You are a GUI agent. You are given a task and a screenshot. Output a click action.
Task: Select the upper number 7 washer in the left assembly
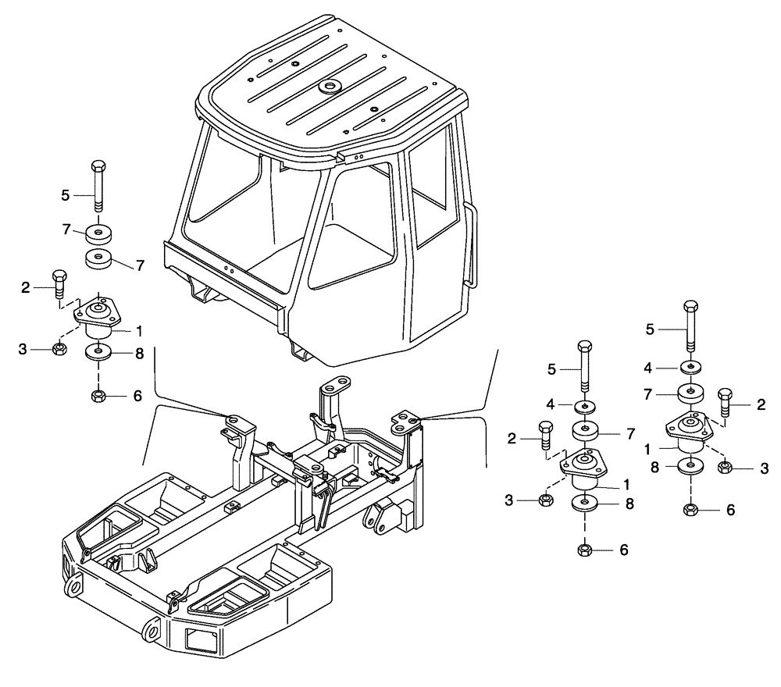[x=98, y=233]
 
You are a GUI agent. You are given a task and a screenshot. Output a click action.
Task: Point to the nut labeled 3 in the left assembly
[x=59, y=348]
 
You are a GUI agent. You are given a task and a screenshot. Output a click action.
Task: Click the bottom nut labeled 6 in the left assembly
[x=98, y=397]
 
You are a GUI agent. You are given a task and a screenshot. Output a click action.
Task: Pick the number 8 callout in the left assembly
[x=139, y=353]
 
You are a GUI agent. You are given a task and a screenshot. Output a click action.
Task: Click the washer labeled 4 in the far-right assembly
[x=690, y=367]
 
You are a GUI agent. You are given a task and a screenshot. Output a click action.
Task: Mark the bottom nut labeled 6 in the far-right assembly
[x=690, y=509]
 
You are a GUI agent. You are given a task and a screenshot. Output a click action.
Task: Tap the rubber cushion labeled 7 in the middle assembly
[x=587, y=431]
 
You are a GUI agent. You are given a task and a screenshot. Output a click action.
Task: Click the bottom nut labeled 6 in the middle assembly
[x=585, y=550]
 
